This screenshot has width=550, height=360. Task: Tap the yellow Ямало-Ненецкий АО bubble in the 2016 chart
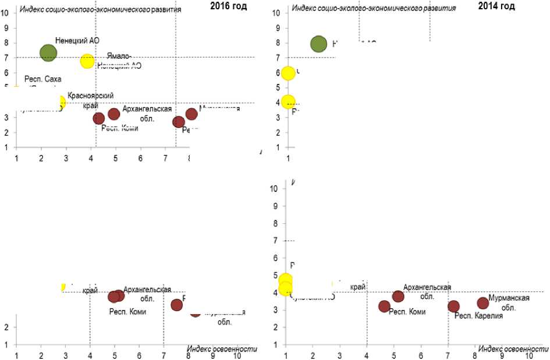(87, 60)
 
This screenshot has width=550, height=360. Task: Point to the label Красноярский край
(90, 99)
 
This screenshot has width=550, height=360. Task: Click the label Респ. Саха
(42, 79)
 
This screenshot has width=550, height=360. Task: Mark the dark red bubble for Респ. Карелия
(453, 306)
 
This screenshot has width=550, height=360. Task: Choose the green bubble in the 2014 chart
(318, 44)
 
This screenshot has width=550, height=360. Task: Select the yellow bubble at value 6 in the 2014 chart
(288, 73)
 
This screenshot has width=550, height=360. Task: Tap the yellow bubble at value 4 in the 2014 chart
(288, 101)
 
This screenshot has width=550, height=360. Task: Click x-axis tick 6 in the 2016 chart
(140, 158)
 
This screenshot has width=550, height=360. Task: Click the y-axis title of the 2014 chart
(374, 7)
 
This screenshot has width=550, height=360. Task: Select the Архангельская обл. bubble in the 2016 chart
(114, 113)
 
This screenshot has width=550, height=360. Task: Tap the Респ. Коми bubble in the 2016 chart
(99, 119)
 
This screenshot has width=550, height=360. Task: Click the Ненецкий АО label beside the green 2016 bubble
(77, 41)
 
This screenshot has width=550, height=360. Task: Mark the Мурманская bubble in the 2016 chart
(191, 114)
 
